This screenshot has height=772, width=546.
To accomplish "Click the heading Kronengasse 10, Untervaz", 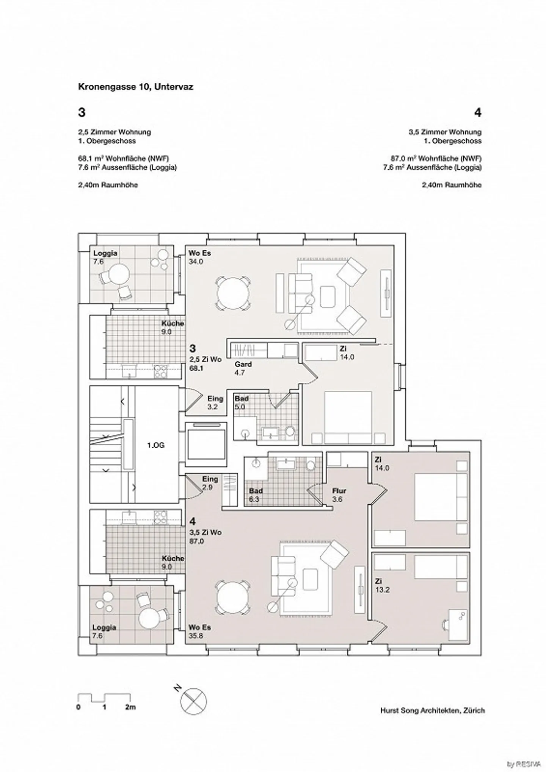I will (x=135, y=87).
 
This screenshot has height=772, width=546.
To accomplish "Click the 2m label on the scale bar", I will (x=130, y=707).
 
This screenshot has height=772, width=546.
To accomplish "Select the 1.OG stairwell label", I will (x=156, y=445).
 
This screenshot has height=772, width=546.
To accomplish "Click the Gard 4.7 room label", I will (x=243, y=368).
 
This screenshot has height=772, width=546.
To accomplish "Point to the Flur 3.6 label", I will (x=339, y=495).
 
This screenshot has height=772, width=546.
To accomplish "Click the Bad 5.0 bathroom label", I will (x=241, y=402).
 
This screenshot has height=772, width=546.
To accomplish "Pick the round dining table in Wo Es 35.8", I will (x=233, y=599).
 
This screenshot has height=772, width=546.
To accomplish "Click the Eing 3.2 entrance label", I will (x=215, y=402).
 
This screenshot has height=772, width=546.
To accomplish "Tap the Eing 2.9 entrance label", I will (x=210, y=483).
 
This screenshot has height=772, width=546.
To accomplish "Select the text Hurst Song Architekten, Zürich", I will (x=432, y=711).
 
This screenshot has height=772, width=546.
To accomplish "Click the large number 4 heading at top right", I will (x=477, y=112).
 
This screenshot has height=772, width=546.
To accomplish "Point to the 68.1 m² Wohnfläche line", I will (x=123, y=158).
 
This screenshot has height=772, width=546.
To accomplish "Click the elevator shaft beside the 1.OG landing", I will (x=206, y=445).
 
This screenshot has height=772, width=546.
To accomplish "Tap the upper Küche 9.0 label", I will (x=173, y=327).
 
